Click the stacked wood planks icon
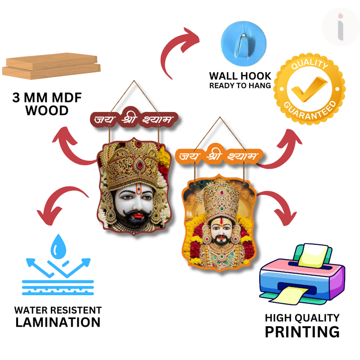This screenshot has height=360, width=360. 50,67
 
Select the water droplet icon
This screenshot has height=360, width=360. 58,245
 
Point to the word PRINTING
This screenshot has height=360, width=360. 302,332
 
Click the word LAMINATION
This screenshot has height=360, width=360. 58,322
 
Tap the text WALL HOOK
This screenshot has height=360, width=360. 240,76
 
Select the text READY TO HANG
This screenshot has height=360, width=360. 240,85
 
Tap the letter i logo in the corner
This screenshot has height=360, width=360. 341,27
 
